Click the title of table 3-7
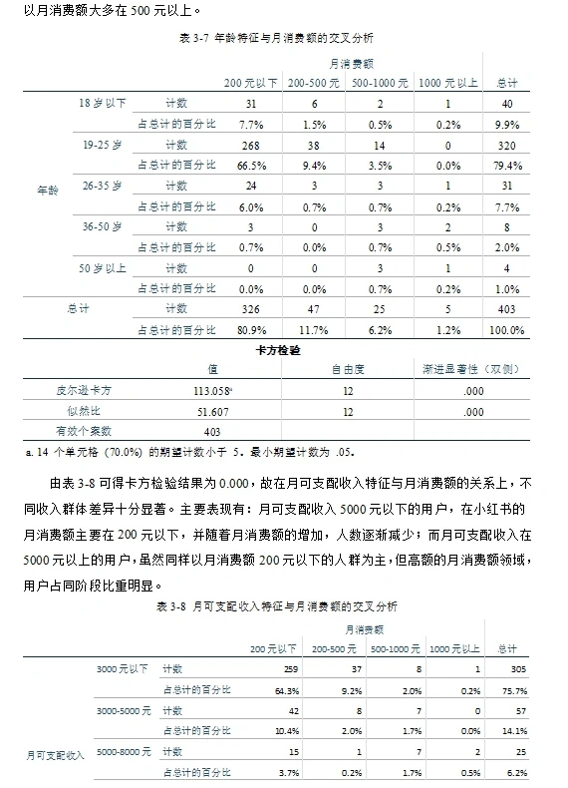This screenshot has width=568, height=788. (283, 37)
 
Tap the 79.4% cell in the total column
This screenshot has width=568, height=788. (508, 165)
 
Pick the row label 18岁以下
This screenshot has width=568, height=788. (103, 103)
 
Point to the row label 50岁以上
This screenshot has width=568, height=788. (103, 267)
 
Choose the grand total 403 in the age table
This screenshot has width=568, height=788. (508, 308)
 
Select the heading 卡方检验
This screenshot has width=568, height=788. (285, 351)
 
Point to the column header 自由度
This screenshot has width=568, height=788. (347, 370)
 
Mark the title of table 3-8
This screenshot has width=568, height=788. (283, 605)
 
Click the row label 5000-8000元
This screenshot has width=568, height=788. (124, 751)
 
